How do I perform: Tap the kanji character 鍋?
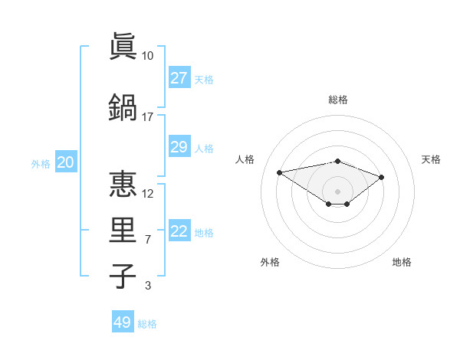pyautogui.click(x=123, y=107)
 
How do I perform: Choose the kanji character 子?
pyautogui.click(x=123, y=276)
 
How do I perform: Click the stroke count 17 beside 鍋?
pyautogui.click(x=148, y=116)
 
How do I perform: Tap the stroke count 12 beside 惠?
pyautogui.click(x=148, y=193)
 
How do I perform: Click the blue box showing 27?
pyautogui.click(x=179, y=78)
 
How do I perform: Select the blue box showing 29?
pyautogui.click(x=179, y=147)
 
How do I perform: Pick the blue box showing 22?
pyautogui.click(x=179, y=231)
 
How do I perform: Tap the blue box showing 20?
pyautogui.click(x=66, y=162)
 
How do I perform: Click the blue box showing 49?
pyautogui.click(x=123, y=322)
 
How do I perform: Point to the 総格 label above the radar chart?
pyautogui.click(x=337, y=100)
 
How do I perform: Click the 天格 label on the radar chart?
pyautogui.click(x=431, y=159)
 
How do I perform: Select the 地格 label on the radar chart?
pyautogui.click(x=402, y=262)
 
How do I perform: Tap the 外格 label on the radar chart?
pyautogui.click(x=270, y=262)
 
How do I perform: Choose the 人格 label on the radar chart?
pyautogui.click(x=245, y=159)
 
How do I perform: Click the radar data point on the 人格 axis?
pyautogui.click(x=280, y=172)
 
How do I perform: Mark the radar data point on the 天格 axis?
pyautogui.click(x=381, y=177)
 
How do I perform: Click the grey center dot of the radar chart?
pyautogui.click(x=337, y=191)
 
